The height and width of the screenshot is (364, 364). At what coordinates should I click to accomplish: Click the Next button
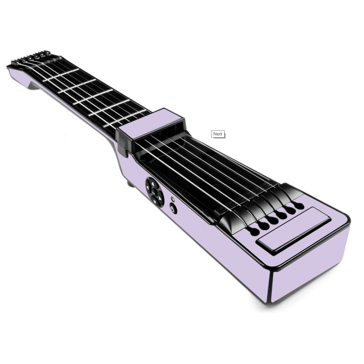[x=218, y=134]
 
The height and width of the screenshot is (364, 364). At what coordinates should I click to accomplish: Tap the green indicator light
[x=173, y=199]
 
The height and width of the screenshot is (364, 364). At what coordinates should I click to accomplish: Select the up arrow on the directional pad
[x=153, y=183]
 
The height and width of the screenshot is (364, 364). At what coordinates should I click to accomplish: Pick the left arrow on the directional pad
[x=148, y=187]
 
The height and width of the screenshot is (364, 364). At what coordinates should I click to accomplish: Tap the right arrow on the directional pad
[x=160, y=198]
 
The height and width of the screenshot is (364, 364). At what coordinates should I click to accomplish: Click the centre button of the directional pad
[x=154, y=192]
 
